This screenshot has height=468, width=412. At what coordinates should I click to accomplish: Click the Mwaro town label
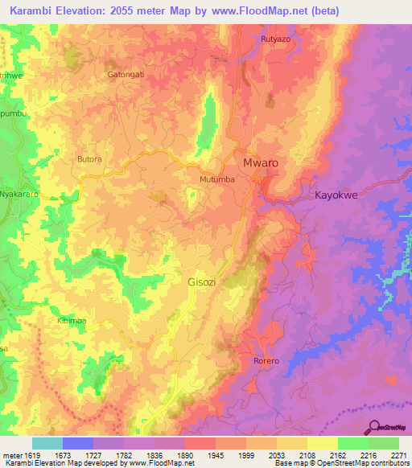tap(261, 162)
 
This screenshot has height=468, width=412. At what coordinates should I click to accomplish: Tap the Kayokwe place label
tap(336, 195)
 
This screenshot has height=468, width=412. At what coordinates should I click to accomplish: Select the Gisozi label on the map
tap(202, 282)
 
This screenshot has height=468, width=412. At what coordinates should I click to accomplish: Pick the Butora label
tap(89, 159)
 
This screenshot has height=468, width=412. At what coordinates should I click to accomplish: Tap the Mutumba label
tap(217, 179)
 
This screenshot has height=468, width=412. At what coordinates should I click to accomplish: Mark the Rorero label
tap(266, 360)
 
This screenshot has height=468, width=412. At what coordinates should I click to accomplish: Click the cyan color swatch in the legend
tap(47, 443)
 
